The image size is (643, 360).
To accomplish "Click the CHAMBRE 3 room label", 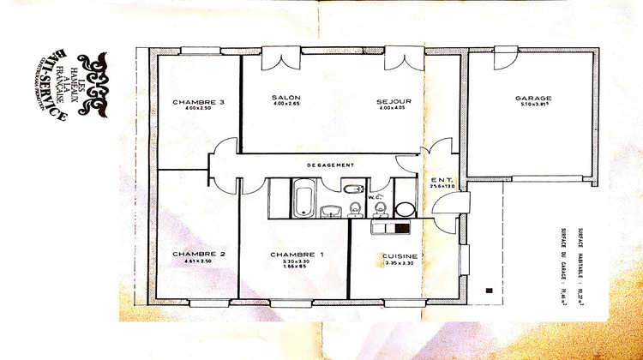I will [198, 103].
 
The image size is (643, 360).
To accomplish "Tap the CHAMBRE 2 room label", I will [198, 254].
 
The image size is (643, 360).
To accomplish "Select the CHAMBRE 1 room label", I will [297, 255].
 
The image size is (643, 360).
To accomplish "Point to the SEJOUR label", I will [394, 102].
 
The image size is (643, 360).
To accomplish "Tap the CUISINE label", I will [400, 256].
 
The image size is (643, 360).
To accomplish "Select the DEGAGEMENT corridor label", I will [330, 165].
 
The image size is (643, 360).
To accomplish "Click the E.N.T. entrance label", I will [440, 179].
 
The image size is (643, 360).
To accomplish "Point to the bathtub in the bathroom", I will [303, 198].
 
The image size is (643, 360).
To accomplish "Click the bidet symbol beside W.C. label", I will [355, 207].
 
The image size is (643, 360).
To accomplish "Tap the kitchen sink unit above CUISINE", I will [393, 227].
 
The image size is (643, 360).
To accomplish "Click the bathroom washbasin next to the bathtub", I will [332, 211].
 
